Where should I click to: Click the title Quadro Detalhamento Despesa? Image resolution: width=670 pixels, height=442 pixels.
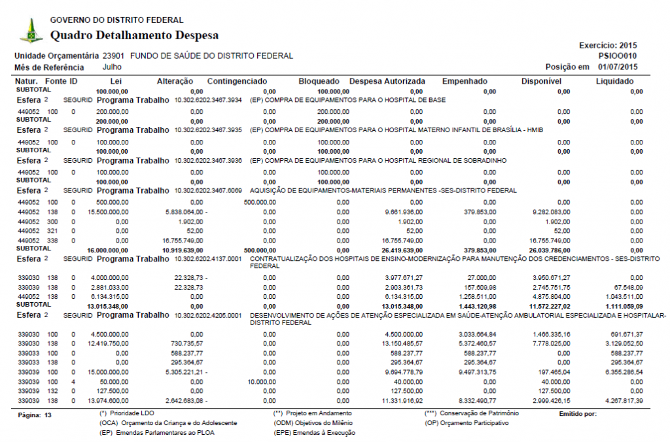(x=134, y=35)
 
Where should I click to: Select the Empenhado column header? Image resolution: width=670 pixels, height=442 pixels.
(x=465, y=81)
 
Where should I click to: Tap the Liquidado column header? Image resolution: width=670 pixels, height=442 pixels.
(x=614, y=81)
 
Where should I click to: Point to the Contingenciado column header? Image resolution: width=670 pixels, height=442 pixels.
(x=237, y=81)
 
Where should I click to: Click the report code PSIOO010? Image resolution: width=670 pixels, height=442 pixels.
(x=617, y=56)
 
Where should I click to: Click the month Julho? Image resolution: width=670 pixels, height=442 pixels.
(x=113, y=67)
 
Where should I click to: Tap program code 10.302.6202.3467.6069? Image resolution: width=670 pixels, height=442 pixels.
(x=208, y=190)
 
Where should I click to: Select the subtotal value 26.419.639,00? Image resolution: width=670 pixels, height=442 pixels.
(x=398, y=250)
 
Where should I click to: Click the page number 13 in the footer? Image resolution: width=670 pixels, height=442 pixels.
(x=47, y=415)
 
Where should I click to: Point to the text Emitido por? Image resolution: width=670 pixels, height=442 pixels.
(x=578, y=414)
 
